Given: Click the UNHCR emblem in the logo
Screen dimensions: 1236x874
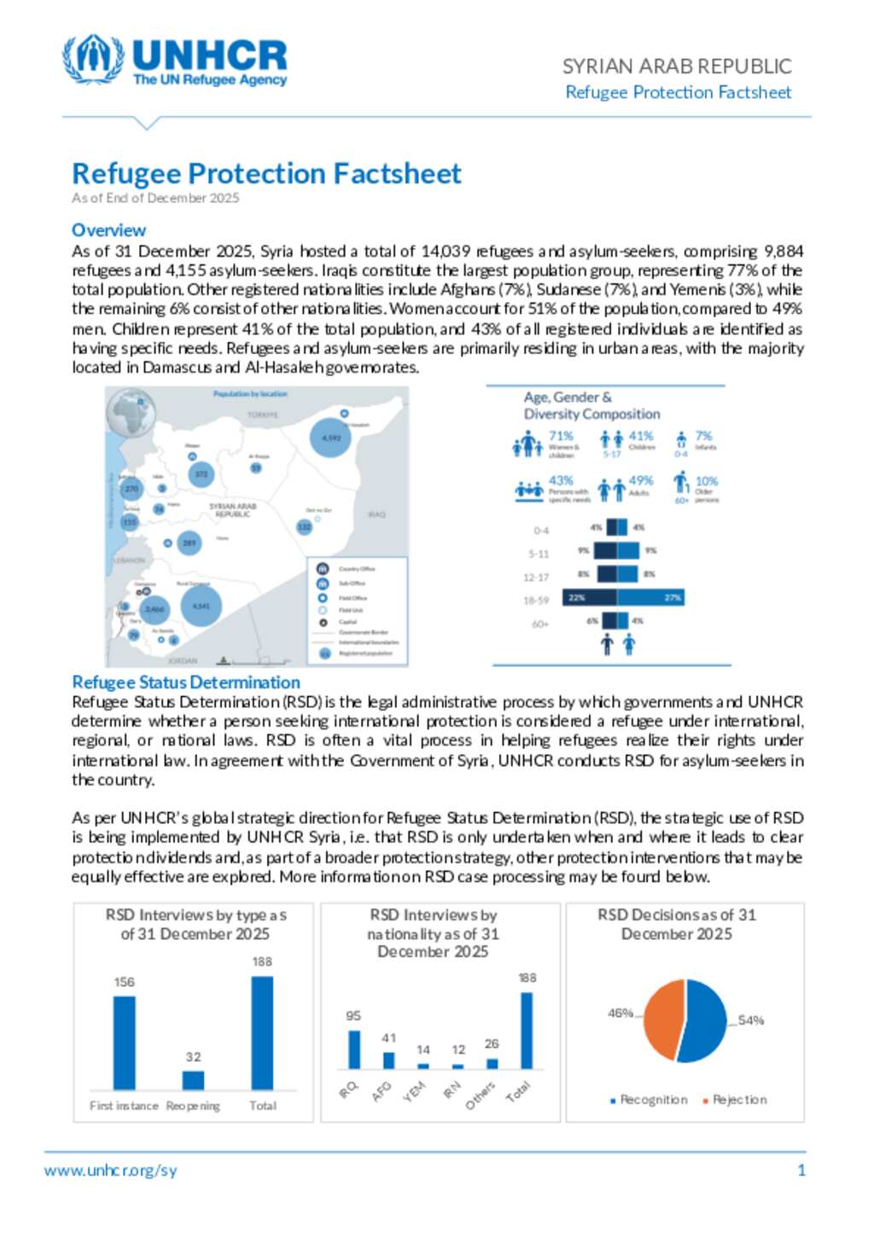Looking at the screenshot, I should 93,59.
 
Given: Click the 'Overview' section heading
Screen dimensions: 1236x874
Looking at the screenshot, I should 108,230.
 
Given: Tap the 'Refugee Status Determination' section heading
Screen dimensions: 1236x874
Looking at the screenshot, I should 186,682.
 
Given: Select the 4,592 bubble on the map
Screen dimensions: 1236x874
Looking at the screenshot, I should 331,438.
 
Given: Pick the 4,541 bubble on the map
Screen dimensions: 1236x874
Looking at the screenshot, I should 201,606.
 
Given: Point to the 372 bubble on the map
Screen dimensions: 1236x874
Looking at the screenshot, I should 201,474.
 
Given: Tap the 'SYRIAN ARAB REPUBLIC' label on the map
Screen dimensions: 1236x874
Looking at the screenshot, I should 232,510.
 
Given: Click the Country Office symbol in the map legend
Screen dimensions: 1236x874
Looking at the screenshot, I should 323,569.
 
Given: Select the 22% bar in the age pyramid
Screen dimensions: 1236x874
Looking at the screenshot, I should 590,598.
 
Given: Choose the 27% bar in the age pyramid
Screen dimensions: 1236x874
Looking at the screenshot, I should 650,598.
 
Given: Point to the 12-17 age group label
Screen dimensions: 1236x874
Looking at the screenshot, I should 536,577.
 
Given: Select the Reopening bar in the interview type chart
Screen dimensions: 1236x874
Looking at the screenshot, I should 194,1080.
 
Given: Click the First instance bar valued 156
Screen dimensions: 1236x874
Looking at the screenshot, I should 125,1042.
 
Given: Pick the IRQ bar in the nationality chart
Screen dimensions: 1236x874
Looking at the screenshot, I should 354,1049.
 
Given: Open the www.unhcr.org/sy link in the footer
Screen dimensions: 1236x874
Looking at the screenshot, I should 111,1170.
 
